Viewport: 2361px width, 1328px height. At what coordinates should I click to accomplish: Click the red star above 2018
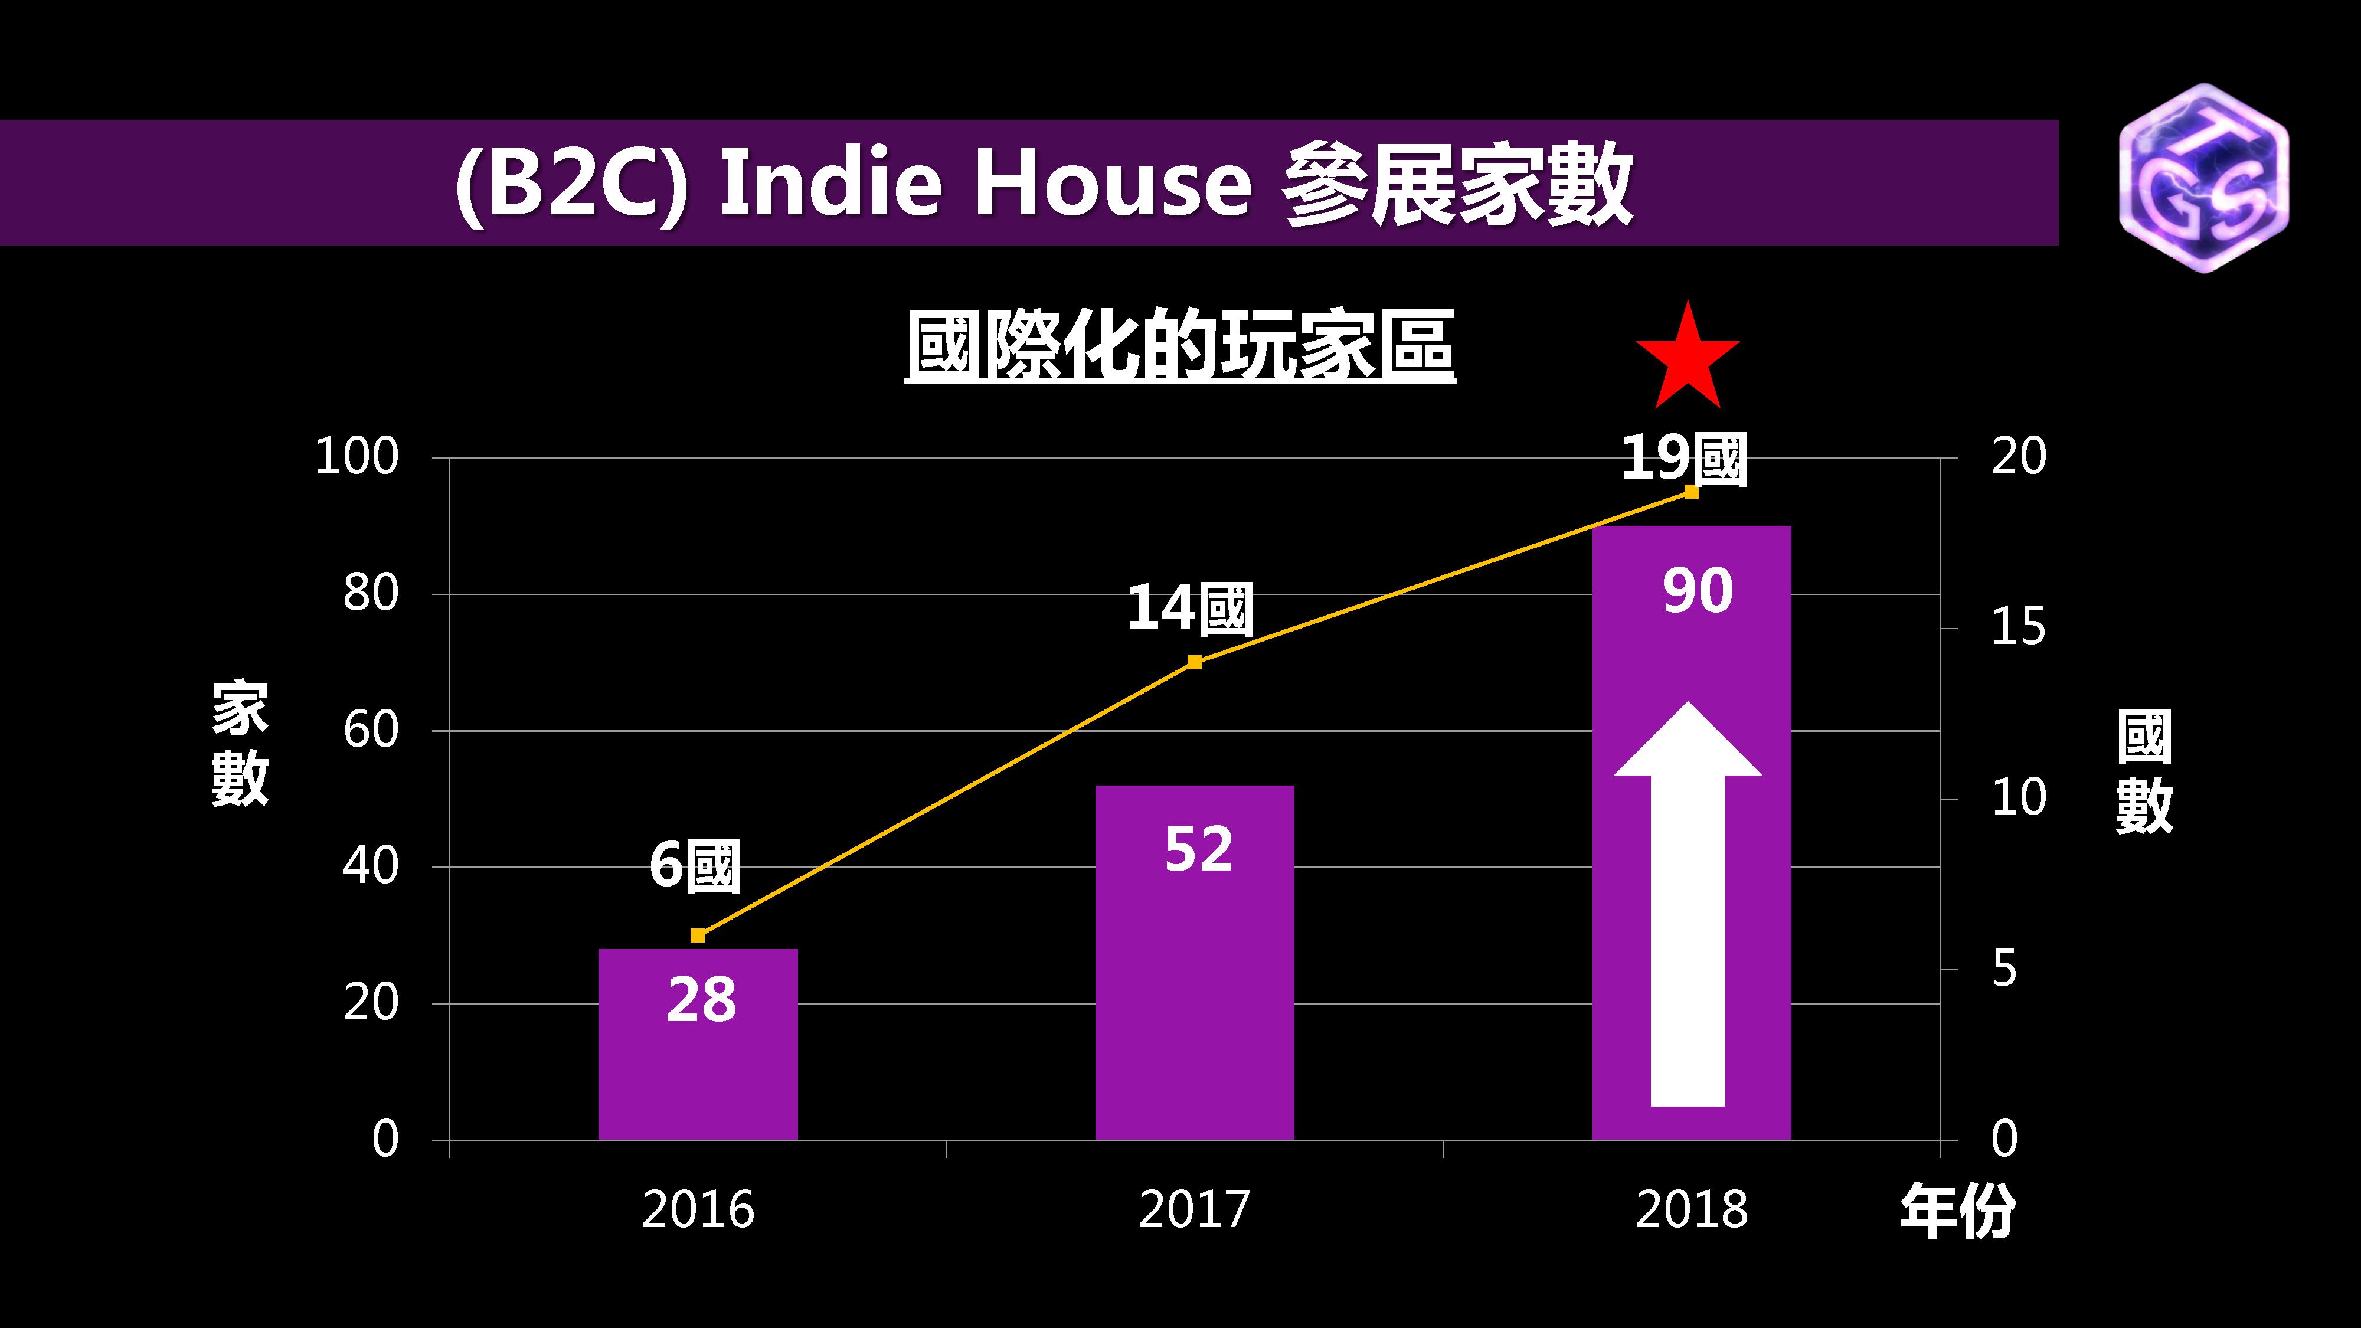(x=1688, y=359)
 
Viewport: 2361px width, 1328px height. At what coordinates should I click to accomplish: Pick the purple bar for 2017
(x=1194, y=990)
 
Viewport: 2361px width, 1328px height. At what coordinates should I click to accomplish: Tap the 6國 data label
(x=694, y=865)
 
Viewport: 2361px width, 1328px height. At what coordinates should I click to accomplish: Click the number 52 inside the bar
(x=1198, y=849)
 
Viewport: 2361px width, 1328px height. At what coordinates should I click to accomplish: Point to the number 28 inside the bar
(x=701, y=999)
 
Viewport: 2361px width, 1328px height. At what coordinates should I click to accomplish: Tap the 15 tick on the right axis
(x=2018, y=628)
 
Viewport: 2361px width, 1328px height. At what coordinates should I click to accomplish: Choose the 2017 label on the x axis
(x=1193, y=1210)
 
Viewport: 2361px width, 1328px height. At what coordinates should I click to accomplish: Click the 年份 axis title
(x=1958, y=1211)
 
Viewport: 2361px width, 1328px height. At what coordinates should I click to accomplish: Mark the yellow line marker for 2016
(x=698, y=935)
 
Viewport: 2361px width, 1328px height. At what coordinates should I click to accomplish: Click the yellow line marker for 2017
(x=1194, y=662)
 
